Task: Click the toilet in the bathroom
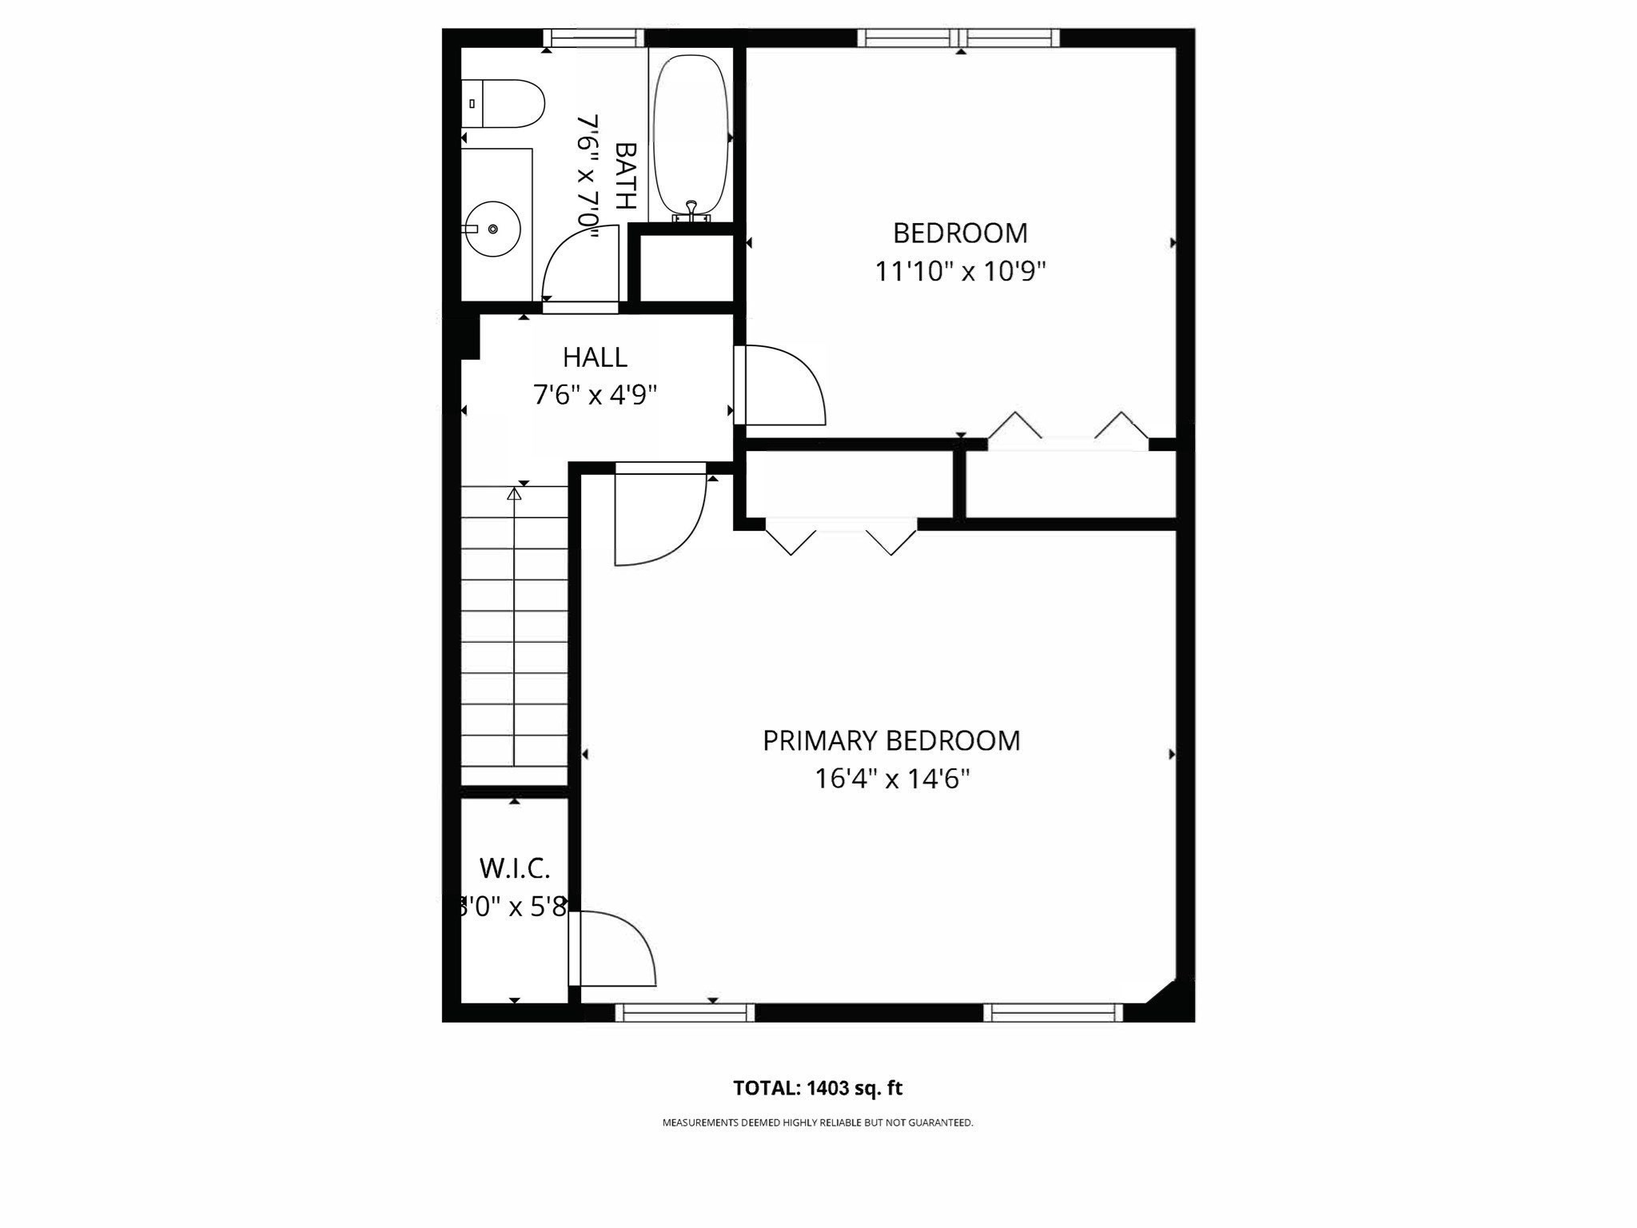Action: (504, 104)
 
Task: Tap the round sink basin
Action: (493, 229)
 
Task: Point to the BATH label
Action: (625, 176)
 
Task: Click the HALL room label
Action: (595, 357)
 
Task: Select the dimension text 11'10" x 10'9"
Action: (960, 272)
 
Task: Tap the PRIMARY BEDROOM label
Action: (891, 741)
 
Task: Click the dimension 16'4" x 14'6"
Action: (892, 779)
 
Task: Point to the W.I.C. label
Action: (514, 867)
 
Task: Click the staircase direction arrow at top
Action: (514, 495)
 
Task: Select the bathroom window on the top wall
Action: (593, 38)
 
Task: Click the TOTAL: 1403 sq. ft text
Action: (817, 1088)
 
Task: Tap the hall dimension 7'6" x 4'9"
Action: (595, 395)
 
